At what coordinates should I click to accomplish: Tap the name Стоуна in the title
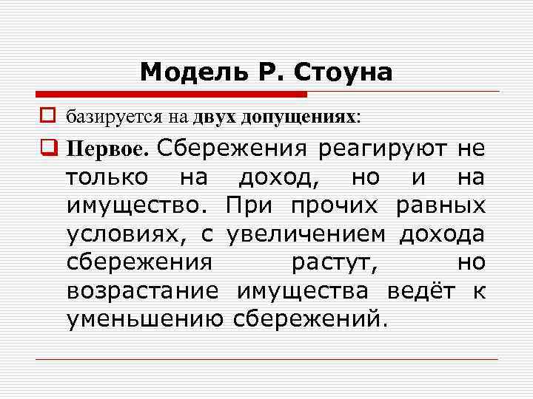point(344,72)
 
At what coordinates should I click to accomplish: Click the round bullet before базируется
point(50,117)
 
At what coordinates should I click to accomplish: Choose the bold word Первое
point(107,149)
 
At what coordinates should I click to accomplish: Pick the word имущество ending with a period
point(141,205)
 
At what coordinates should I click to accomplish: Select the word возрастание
point(142,290)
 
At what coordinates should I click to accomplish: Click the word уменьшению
point(145,318)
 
